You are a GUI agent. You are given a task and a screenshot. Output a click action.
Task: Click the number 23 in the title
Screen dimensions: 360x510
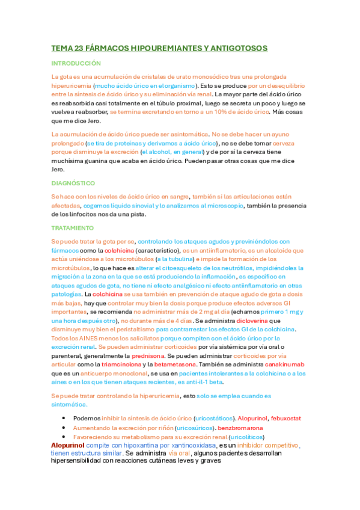tap(80, 48)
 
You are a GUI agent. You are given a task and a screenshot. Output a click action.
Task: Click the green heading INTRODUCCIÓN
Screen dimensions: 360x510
tap(76, 63)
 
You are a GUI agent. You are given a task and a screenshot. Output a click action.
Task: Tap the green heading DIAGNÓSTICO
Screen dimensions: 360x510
tap(73, 182)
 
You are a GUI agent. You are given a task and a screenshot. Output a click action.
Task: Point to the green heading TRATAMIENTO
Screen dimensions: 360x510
tap(72, 228)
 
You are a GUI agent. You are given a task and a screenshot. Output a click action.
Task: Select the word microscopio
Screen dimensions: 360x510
tap(227, 205)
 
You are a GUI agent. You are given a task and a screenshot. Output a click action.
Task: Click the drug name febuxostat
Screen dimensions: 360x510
tap(282, 417)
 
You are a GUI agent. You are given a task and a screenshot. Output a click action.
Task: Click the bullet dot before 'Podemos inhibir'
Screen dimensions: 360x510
tap(63, 417)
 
